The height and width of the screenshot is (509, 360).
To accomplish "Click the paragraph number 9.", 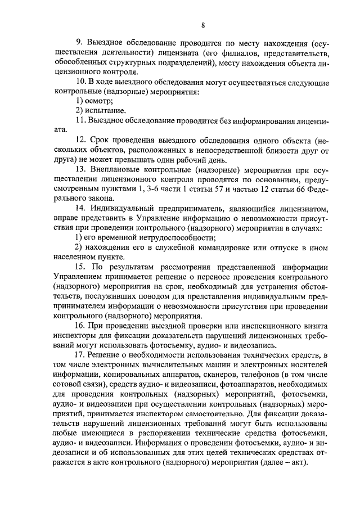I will click(x=78, y=43).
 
